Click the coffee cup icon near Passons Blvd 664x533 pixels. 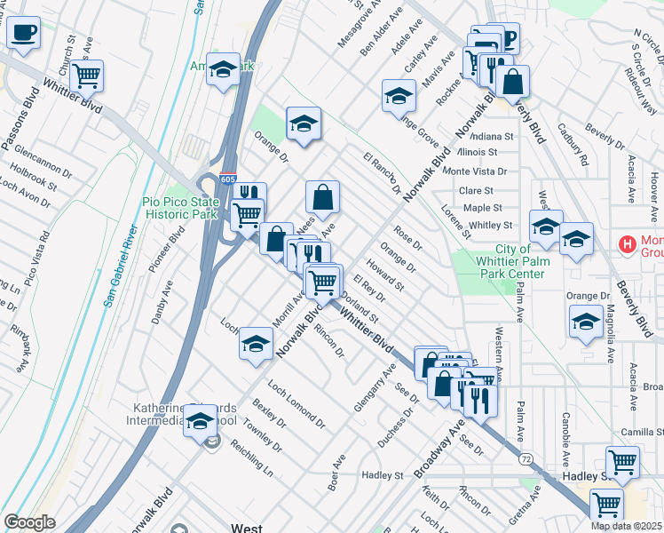[23, 34]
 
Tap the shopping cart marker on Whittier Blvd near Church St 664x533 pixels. [86, 77]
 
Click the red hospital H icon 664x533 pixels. [628, 243]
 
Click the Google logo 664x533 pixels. [29, 522]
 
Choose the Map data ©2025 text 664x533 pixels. [626, 526]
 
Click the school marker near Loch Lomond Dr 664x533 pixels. [256, 344]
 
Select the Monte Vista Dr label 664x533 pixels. [475, 171]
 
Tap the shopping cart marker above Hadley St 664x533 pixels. [622, 463]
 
